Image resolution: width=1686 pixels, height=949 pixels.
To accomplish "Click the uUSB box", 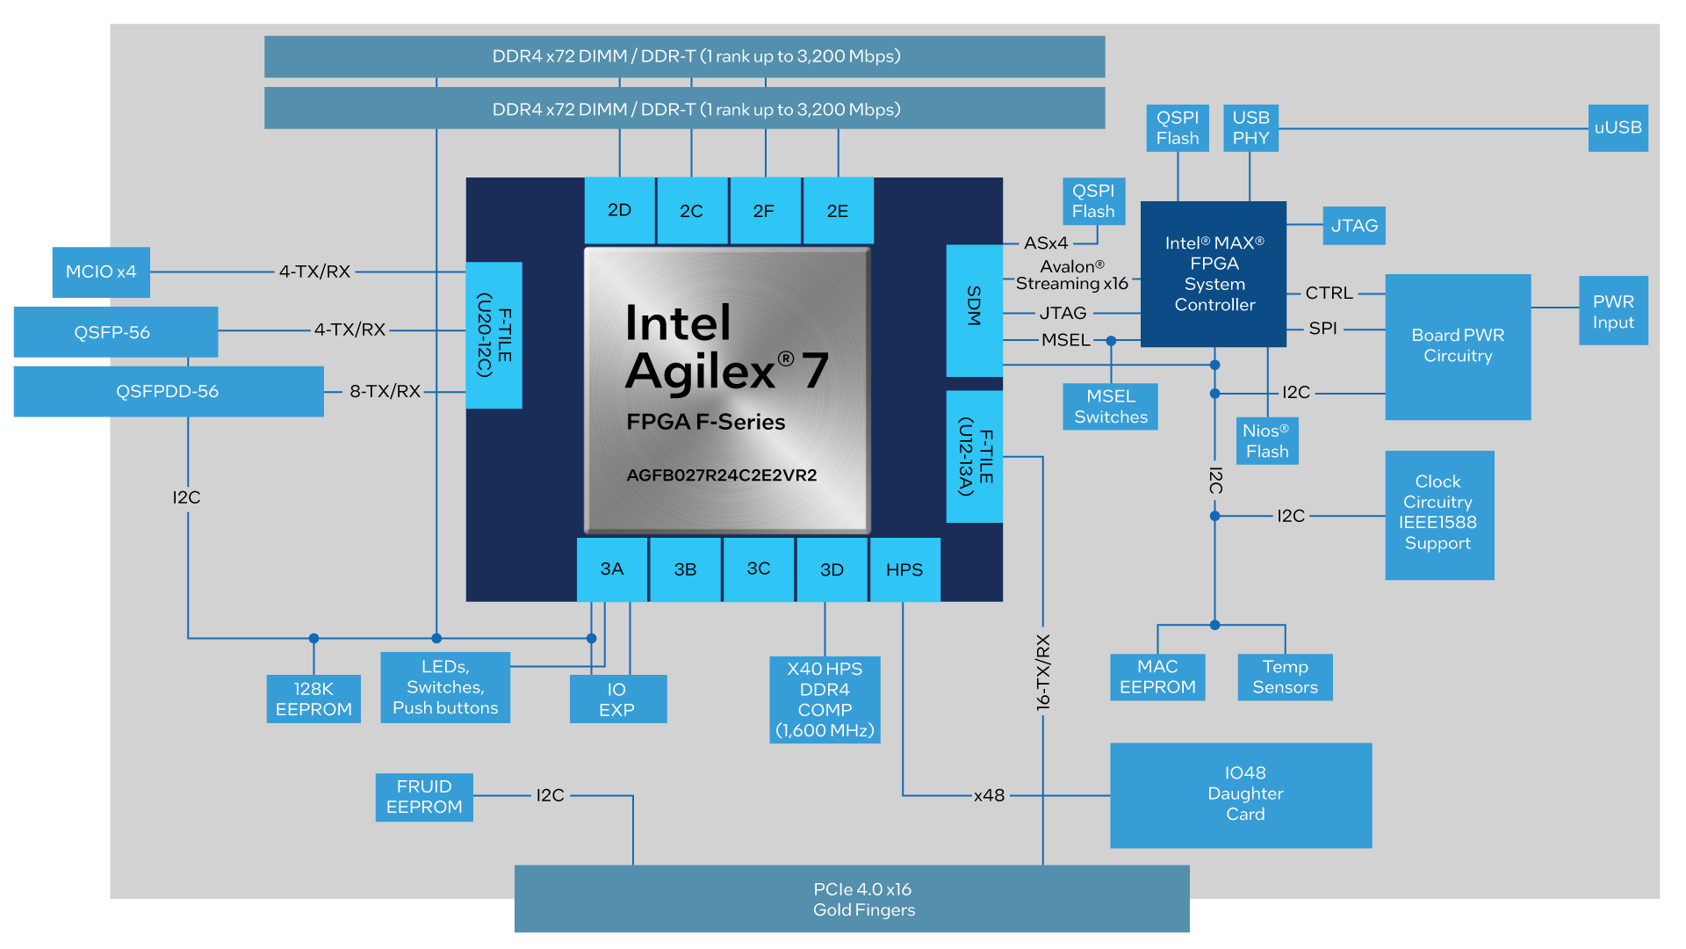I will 1618,128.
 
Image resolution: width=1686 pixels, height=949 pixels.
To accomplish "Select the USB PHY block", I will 1250,128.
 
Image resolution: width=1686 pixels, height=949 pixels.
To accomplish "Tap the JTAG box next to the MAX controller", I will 1353,226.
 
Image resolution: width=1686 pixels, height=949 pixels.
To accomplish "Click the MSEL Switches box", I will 1110,407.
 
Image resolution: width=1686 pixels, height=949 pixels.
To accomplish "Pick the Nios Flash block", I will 1266,441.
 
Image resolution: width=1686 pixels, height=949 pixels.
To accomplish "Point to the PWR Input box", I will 1613,311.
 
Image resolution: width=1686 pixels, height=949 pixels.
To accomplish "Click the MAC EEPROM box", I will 1157,677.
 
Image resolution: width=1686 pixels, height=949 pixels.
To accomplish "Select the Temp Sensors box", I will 1285,677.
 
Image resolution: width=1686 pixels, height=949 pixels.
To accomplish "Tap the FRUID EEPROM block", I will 424,797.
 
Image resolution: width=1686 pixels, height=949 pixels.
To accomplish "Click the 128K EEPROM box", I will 313,699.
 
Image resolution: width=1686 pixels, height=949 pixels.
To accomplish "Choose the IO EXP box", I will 617,699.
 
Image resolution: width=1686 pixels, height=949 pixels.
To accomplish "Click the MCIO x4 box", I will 101,272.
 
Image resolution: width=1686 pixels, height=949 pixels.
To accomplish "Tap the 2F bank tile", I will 764,211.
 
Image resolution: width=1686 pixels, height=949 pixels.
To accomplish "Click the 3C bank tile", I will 759,569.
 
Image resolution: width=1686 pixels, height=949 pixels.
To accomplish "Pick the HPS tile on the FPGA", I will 904,569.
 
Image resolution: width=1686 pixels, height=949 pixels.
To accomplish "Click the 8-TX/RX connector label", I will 385,391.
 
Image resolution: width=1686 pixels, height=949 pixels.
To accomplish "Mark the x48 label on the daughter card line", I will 989,795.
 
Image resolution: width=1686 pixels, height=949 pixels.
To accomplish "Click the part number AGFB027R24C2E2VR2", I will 721,475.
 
